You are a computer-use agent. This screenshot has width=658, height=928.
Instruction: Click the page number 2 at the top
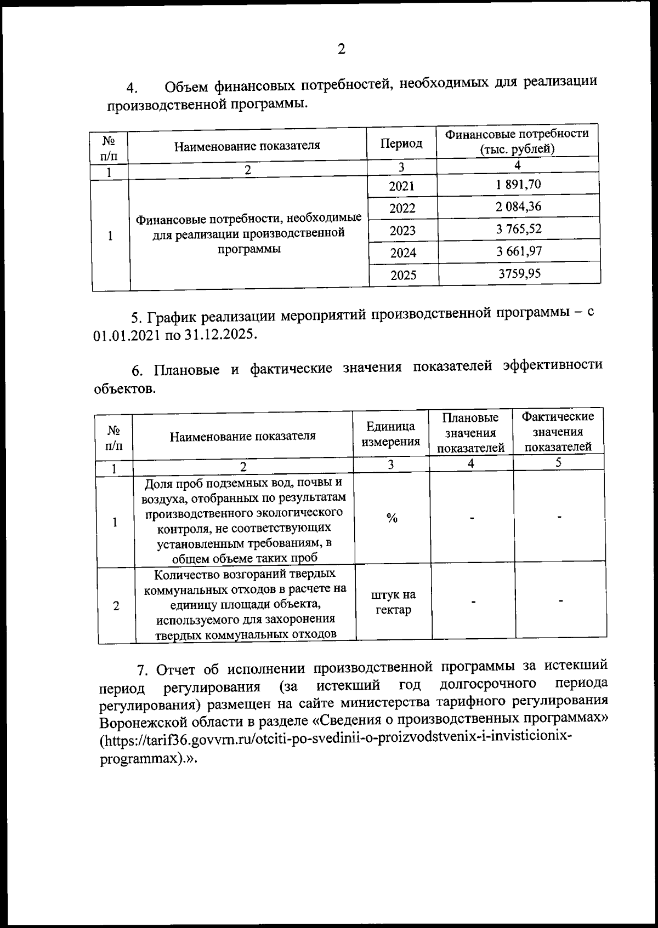(x=341, y=50)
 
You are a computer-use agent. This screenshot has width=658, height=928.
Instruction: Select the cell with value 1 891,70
(x=518, y=185)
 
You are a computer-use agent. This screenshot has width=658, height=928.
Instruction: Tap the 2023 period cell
(x=402, y=231)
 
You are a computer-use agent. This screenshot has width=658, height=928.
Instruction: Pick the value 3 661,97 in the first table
(x=519, y=251)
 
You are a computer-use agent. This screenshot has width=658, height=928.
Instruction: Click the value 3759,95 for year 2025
(x=519, y=273)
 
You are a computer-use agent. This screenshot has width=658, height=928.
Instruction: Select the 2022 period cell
(x=402, y=208)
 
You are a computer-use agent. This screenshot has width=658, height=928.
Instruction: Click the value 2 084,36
(x=518, y=207)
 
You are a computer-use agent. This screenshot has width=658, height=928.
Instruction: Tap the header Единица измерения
(x=390, y=434)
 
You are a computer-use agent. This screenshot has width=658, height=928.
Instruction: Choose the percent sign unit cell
(x=392, y=518)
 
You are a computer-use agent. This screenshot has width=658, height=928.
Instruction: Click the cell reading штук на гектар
(x=393, y=602)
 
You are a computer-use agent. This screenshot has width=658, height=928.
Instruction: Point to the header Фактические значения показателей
(x=558, y=432)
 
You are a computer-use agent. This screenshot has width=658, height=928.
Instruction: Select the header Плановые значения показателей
(x=470, y=433)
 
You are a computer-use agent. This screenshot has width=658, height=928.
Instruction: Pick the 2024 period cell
(x=403, y=253)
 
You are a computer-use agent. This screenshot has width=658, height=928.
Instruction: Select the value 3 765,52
(x=519, y=229)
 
